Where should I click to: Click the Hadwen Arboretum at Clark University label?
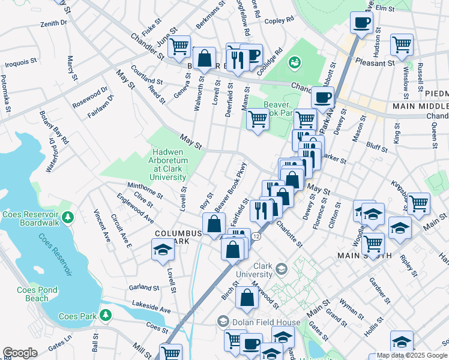[168, 161]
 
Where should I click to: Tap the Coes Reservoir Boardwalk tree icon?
[68, 215]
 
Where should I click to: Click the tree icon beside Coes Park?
[106, 314]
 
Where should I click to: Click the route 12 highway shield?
[256, 237]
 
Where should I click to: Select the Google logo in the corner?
[19, 353]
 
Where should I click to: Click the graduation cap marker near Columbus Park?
[162, 250]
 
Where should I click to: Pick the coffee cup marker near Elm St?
[361, 23]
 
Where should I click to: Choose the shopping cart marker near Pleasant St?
[402, 44]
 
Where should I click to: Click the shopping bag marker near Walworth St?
[205, 59]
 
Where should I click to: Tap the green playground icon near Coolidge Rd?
[294, 62]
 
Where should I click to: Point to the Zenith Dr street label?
[53, 23]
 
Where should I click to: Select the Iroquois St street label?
[21, 63]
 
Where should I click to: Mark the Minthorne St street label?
[144, 190]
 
